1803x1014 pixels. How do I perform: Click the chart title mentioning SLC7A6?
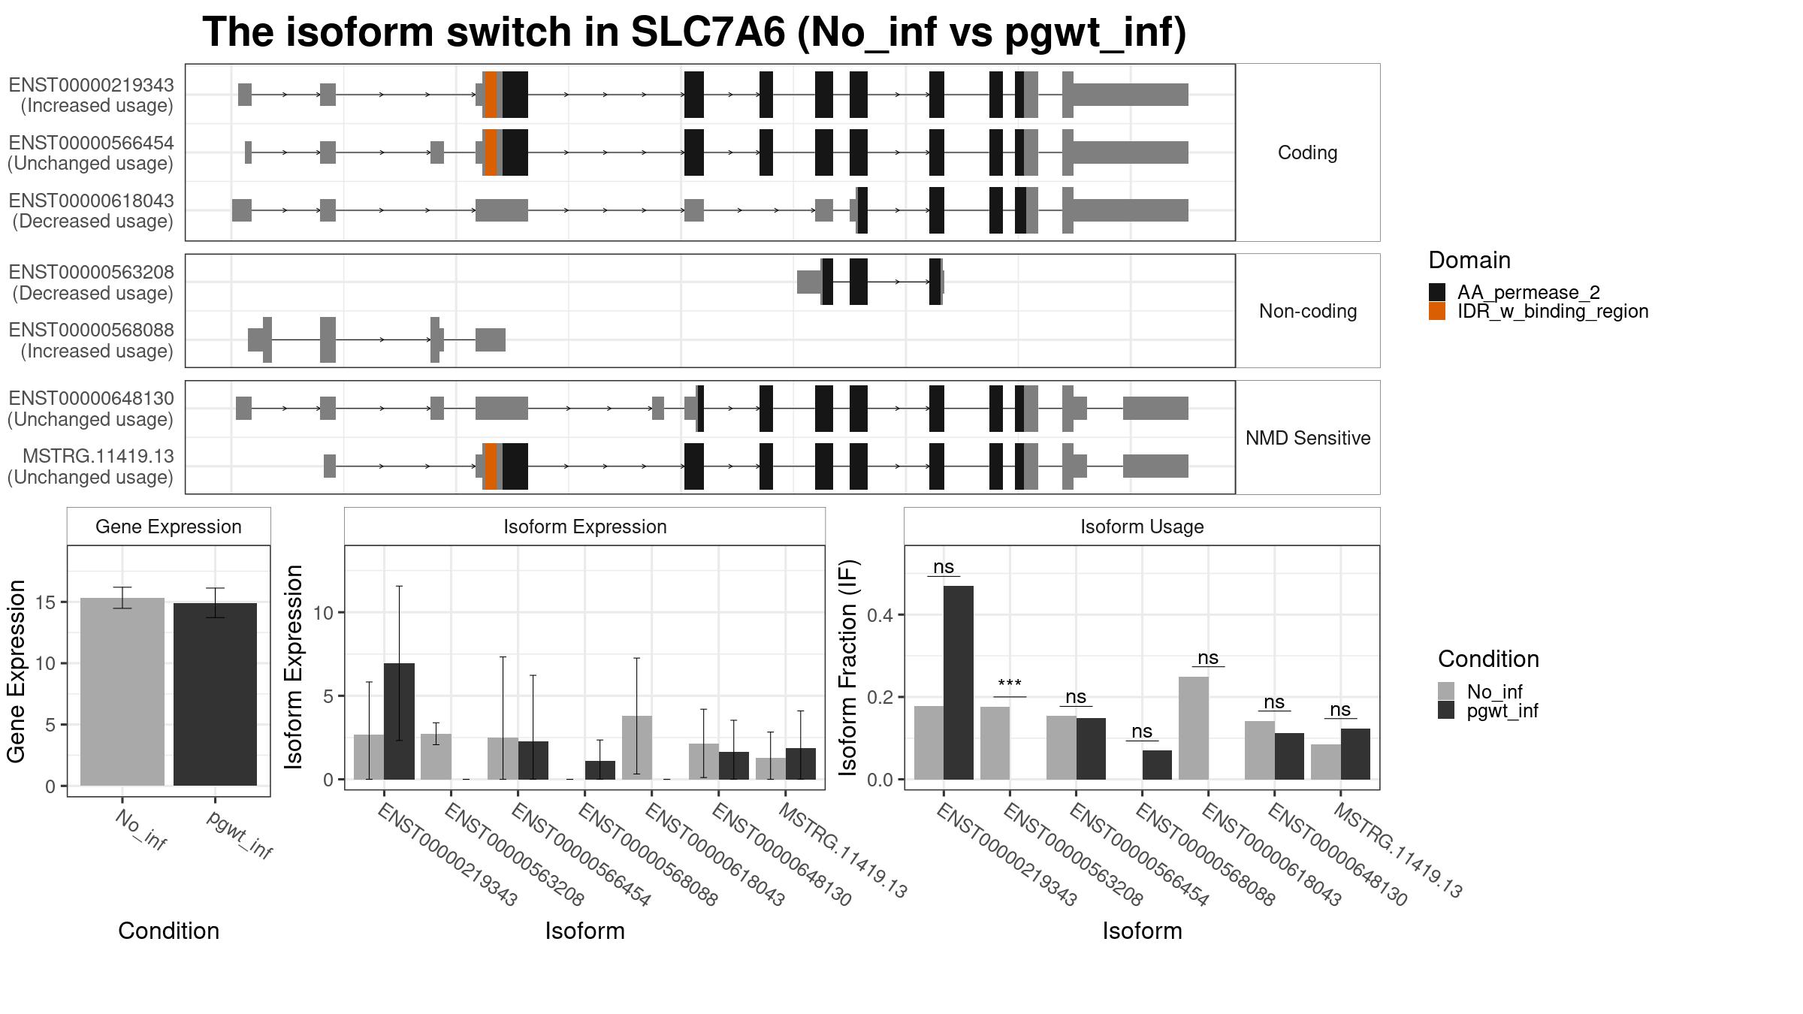tap(694, 32)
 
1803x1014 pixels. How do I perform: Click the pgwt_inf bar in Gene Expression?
tap(215, 694)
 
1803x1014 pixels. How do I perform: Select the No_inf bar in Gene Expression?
tap(122, 692)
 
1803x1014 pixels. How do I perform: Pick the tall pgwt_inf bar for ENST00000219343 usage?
tap(959, 683)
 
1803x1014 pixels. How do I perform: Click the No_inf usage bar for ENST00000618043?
tap(1194, 728)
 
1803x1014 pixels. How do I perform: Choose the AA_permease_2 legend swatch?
tap(1437, 292)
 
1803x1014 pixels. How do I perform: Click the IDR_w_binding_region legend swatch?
tap(1437, 311)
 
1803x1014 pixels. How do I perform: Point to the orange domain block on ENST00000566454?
tap(491, 152)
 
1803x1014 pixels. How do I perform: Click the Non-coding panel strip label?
tap(1308, 311)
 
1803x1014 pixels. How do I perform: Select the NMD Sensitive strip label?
tap(1308, 438)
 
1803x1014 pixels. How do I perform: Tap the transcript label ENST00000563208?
tap(92, 272)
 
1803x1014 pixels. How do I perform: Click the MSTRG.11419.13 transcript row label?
tap(98, 456)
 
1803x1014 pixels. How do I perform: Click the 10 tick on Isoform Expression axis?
tap(323, 613)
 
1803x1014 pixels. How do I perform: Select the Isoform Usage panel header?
tap(1142, 527)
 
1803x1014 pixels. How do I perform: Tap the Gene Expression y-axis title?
tap(16, 671)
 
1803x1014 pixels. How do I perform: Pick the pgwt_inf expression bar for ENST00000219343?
tap(399, 721)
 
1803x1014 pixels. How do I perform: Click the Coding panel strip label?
tap(1308, 152)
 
